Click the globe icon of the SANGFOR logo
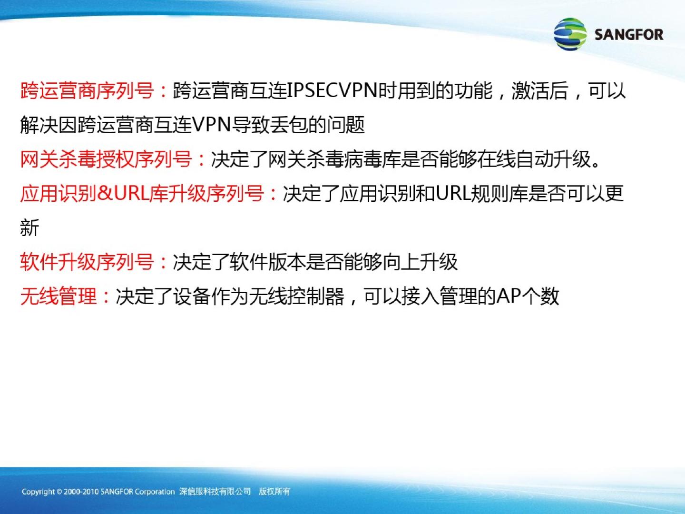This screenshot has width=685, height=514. (x=570, y=34)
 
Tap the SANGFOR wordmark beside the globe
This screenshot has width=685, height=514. (x=629, y=34)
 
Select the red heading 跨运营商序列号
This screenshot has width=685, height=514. (x=87, y=91)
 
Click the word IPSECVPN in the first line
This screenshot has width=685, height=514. (x=332, y=91)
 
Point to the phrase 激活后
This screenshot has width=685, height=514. (x=539, y=91)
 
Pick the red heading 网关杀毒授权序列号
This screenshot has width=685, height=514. (x=106, y=159)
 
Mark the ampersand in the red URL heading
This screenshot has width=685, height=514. (x=105, y=194)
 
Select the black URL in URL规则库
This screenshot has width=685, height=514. (x=452, y=194)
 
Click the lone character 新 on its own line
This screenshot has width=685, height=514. (x=29, y=227)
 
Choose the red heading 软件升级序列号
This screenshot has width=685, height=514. (x=87, y=262)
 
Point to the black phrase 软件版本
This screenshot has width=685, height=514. (x=267, y=262)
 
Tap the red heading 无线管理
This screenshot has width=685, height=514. (x=59, y=296)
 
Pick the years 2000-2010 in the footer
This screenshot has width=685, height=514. (x=81, y=492)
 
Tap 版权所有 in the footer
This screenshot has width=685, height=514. (x=274, y=492)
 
